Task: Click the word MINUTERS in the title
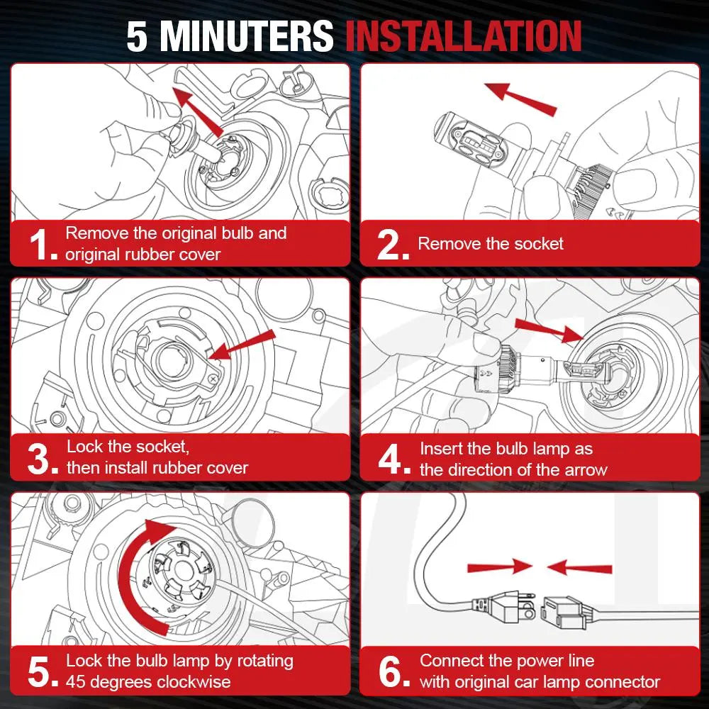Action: [247, 36]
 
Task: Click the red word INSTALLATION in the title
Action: [464, 36]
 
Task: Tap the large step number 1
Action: [42, 245]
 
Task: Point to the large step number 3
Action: [42, 459]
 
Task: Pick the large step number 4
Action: [393, 459]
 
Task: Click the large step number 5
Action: [42, 672]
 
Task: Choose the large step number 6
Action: [393, 672]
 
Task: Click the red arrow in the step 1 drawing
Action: [198, 112]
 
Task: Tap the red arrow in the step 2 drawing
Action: [520, 99]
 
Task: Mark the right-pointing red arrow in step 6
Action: [500, 567]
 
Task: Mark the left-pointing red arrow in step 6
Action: [579, 567]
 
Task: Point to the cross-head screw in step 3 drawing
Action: [213, 378]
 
